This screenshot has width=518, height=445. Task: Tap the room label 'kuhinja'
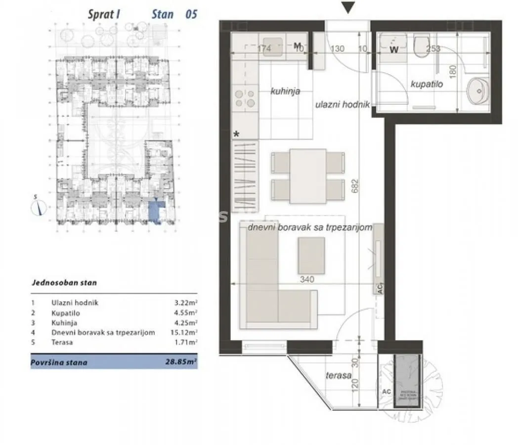[x=285, y=91]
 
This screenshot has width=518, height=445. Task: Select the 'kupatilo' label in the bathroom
[x=427, y=84]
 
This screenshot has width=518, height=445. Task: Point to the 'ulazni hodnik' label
[x=343, y=104]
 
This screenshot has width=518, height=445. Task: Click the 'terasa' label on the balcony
[x=339, y=375]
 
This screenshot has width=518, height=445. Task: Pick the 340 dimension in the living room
[x=307, y=279]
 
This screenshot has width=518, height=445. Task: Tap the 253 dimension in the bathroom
[x=432, y=48]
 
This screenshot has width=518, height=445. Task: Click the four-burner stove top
[x=244, y=98]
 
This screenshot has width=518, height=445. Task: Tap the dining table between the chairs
[x=307, y=176]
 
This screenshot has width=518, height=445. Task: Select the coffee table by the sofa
[x=311, y=255]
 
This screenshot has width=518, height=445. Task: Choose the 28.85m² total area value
[x=181, y=362]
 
